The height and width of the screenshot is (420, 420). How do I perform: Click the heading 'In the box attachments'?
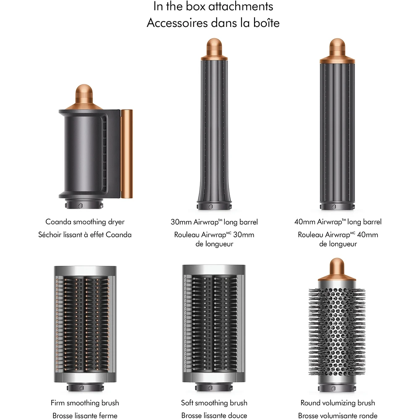tap(213, 7)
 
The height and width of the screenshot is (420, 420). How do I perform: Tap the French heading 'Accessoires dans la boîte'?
tap(213, 23)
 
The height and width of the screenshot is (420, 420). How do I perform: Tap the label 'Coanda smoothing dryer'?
tap(85, 222)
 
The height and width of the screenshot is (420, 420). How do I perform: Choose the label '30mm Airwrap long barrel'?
tap(214, 222)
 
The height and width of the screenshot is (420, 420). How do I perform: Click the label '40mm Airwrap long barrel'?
tap(338, 222)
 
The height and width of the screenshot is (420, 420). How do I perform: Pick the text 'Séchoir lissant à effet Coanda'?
tap(85, 235)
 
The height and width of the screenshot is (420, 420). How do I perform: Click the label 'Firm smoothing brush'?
tap(85, 403)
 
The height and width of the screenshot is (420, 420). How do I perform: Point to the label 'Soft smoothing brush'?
tap(214, 403)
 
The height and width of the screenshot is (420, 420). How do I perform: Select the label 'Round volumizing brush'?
tap(338, 403)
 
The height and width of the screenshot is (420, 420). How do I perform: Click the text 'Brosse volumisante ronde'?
tap(338, 415)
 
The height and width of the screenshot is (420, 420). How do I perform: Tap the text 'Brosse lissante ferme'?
tap(85, 415)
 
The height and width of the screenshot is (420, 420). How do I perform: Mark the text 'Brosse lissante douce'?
tap(214, 415)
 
